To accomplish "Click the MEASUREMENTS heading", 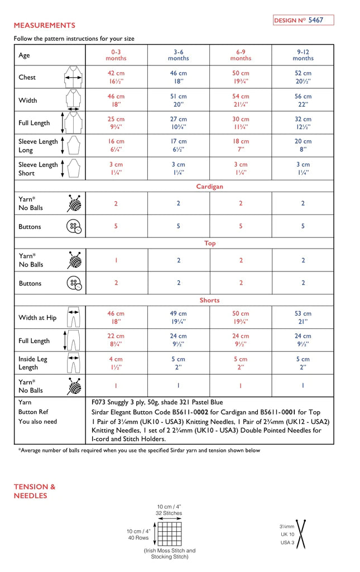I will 44,26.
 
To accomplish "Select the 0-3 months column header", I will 116,55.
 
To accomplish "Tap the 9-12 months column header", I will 303,55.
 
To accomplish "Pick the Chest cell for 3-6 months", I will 179,77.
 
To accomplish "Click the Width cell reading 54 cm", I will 241,100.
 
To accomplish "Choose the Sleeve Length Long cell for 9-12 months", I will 303,146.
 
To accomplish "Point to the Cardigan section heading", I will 209,187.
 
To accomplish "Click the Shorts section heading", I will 209,301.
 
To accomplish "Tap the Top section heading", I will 209,244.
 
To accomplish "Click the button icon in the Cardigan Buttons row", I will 74,227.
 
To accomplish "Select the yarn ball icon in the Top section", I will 74,260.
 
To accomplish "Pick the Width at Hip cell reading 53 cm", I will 303,317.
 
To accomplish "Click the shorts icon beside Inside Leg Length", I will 74,363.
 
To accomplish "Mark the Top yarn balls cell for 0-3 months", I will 116,260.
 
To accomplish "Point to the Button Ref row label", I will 33,412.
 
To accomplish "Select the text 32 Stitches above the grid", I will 169,513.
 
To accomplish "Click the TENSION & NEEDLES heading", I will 35,491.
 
